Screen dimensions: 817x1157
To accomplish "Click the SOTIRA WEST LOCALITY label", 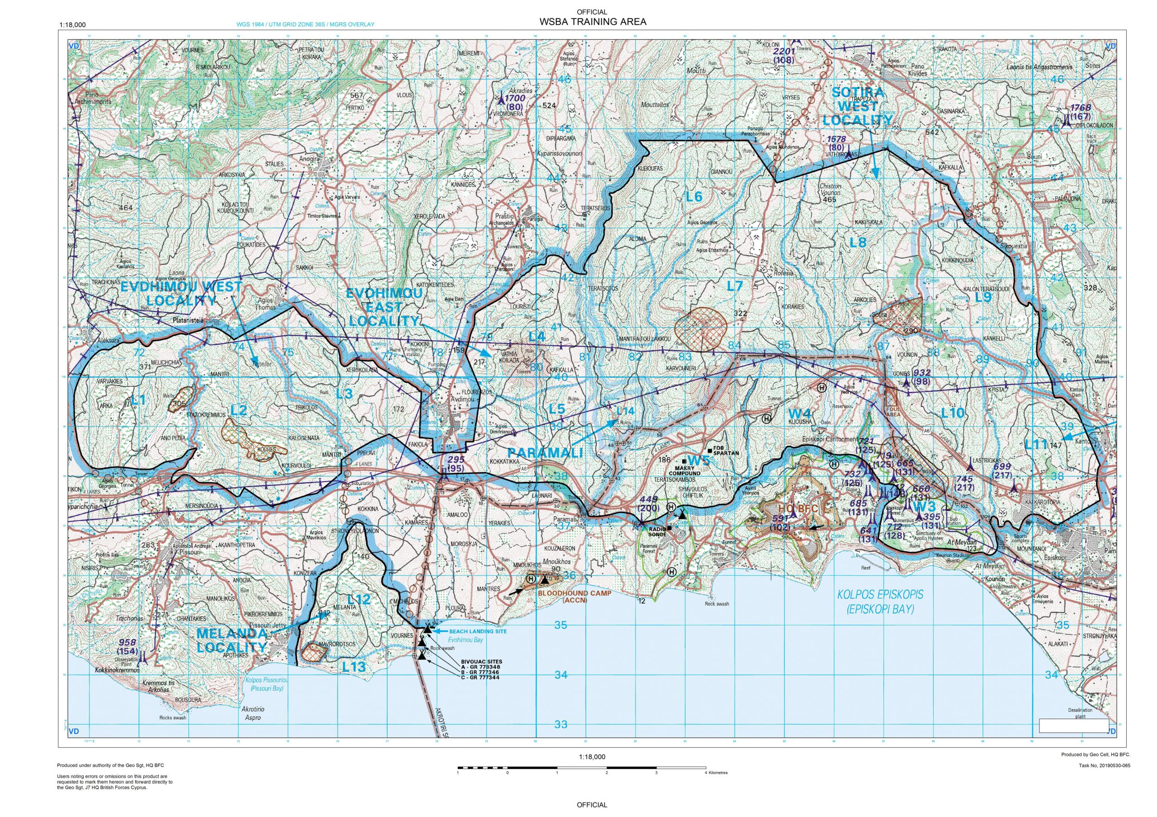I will click(x=857, y=106).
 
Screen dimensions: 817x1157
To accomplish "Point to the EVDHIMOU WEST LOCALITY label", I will click(x=181, y=293).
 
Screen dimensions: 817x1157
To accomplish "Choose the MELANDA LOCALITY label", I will click(x=231, y=640).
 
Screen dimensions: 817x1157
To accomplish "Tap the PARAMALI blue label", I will click(x=545, y=452).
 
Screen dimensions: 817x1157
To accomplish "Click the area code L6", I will click(x=694, y=197).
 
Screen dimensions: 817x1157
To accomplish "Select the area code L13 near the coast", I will click(x=353, y=667).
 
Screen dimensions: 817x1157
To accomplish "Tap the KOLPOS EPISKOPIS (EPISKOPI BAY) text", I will click(x=880, y=601).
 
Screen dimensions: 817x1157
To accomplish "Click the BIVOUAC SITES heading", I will click(x=481, y=662).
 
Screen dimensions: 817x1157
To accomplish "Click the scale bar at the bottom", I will click(x=582, y=782).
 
